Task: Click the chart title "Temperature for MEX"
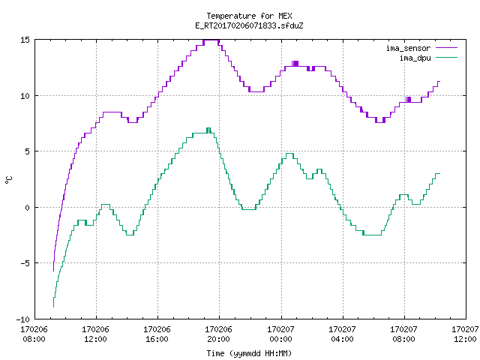pos(249,16)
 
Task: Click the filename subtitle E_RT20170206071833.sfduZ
pos(249,25)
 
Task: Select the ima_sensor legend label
pos(408,48)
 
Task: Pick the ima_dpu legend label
pos(415,58)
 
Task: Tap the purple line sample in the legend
pos(446,48)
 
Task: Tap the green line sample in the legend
pos(446,57)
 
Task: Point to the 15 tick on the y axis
pos(25,40)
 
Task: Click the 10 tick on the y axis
pos(25,96)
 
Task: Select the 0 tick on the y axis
pos(28,208)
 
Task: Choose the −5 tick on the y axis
pos(25,263)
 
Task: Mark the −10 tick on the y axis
pos(23,319)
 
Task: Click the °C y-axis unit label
pos(8,180)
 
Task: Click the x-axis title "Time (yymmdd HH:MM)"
pos(249,353)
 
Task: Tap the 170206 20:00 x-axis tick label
pos(218,334)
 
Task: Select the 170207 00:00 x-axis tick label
pos(280,334)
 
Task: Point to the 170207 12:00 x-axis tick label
pos(465,334)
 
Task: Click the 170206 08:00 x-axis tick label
pos(34,334)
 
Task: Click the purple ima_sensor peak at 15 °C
pos(211,40)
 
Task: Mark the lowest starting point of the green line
pos(53,307)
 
